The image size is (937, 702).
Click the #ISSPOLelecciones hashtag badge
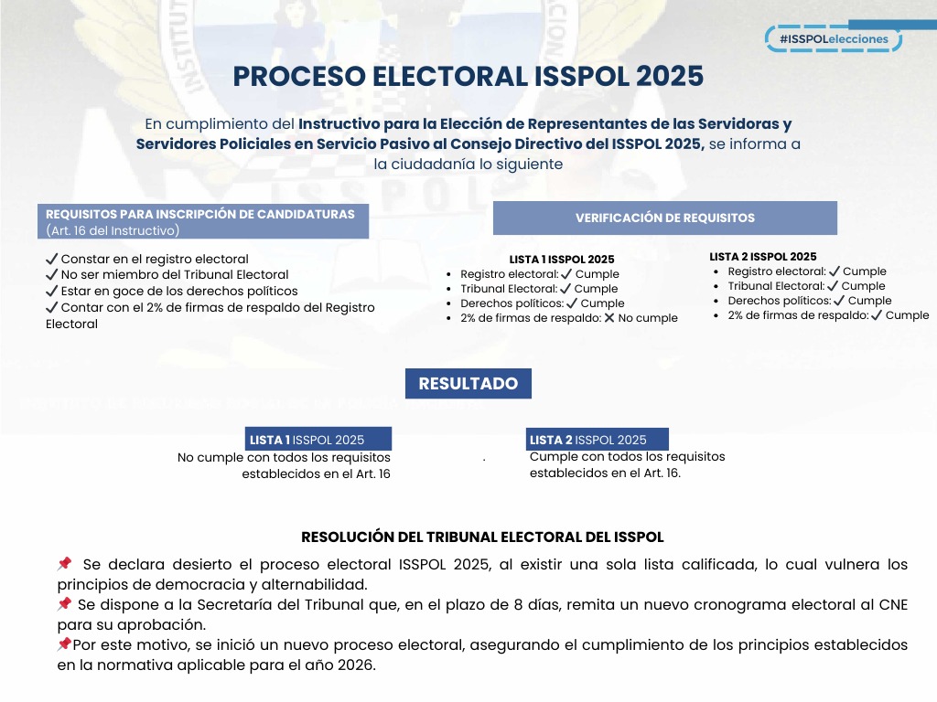coord(834,39)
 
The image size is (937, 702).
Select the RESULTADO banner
coord(468,384)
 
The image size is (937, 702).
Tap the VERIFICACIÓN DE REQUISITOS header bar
coord(664,218)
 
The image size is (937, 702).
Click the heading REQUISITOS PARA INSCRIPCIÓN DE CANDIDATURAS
coord(199,214)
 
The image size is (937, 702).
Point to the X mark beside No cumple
coord(609,318)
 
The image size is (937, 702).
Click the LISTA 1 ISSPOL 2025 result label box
coord(318,440)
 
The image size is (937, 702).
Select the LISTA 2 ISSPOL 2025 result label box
coord(598,440)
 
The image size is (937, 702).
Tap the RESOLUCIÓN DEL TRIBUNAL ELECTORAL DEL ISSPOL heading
coord(482,537)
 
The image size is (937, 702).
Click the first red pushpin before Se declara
coord(64,564)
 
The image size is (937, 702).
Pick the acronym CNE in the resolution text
coord(893,605)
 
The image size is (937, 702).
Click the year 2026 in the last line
coord(356,665)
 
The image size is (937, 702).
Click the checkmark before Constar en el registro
coord(52,260)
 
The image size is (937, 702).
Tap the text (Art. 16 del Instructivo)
coord(113,230)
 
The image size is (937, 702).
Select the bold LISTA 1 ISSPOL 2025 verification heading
coord(562,260)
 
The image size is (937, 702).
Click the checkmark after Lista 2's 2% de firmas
coord(876,315)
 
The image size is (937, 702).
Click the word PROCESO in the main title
coord(299,77)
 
